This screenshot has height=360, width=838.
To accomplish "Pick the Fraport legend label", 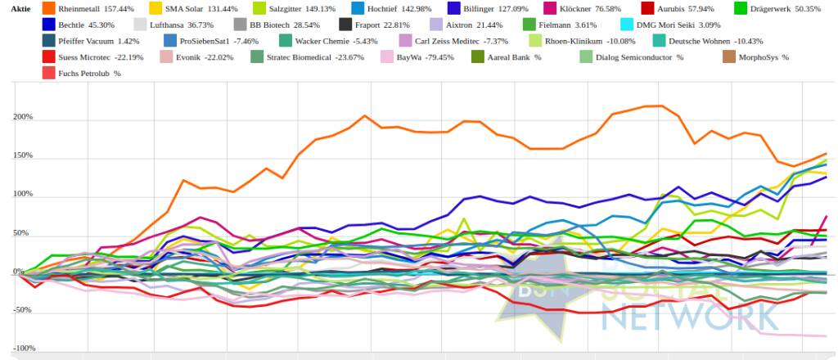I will [x=370, y=25].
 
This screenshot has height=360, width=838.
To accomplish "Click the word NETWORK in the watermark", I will [x=678, y=318].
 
